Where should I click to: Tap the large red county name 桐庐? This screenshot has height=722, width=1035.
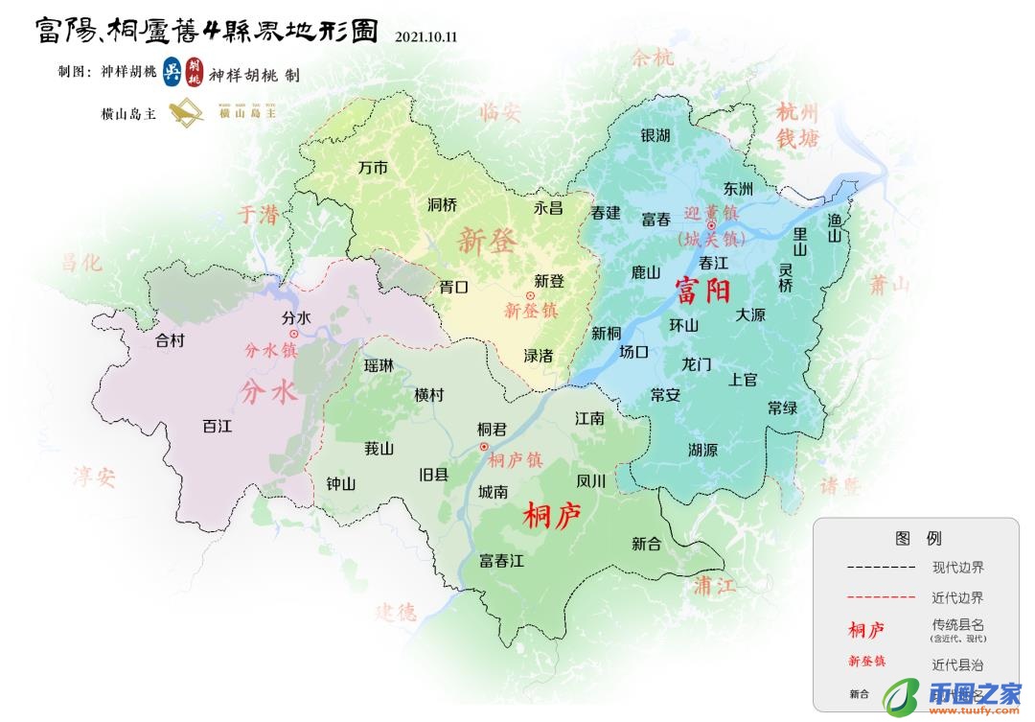click(553, 518)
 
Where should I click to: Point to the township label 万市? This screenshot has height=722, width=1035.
click(373, 168)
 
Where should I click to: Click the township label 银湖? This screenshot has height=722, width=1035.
click(655, 135)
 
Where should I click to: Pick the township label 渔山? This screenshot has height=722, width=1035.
click(834, 227)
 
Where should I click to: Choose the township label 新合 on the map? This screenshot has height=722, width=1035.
click(647, 544)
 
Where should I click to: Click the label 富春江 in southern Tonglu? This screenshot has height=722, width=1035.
click(502, 561)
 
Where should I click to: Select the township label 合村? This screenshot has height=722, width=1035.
click(170, 339)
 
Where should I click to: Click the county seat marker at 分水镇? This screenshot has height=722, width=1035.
click(294, 334)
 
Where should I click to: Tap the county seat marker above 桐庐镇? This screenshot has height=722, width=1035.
click(484, 446)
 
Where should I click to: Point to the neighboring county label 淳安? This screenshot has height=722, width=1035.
click(95, 477)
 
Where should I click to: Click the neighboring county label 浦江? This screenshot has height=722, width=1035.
click(715, 586)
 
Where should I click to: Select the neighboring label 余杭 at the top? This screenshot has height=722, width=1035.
click(653, 58)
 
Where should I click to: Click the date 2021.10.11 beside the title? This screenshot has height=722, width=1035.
click(426, 37)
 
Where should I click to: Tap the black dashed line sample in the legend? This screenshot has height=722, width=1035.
click(879, 568)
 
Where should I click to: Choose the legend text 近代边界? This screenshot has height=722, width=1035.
click(957, 597)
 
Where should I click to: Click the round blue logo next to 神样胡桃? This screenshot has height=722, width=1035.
click(172, 73)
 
